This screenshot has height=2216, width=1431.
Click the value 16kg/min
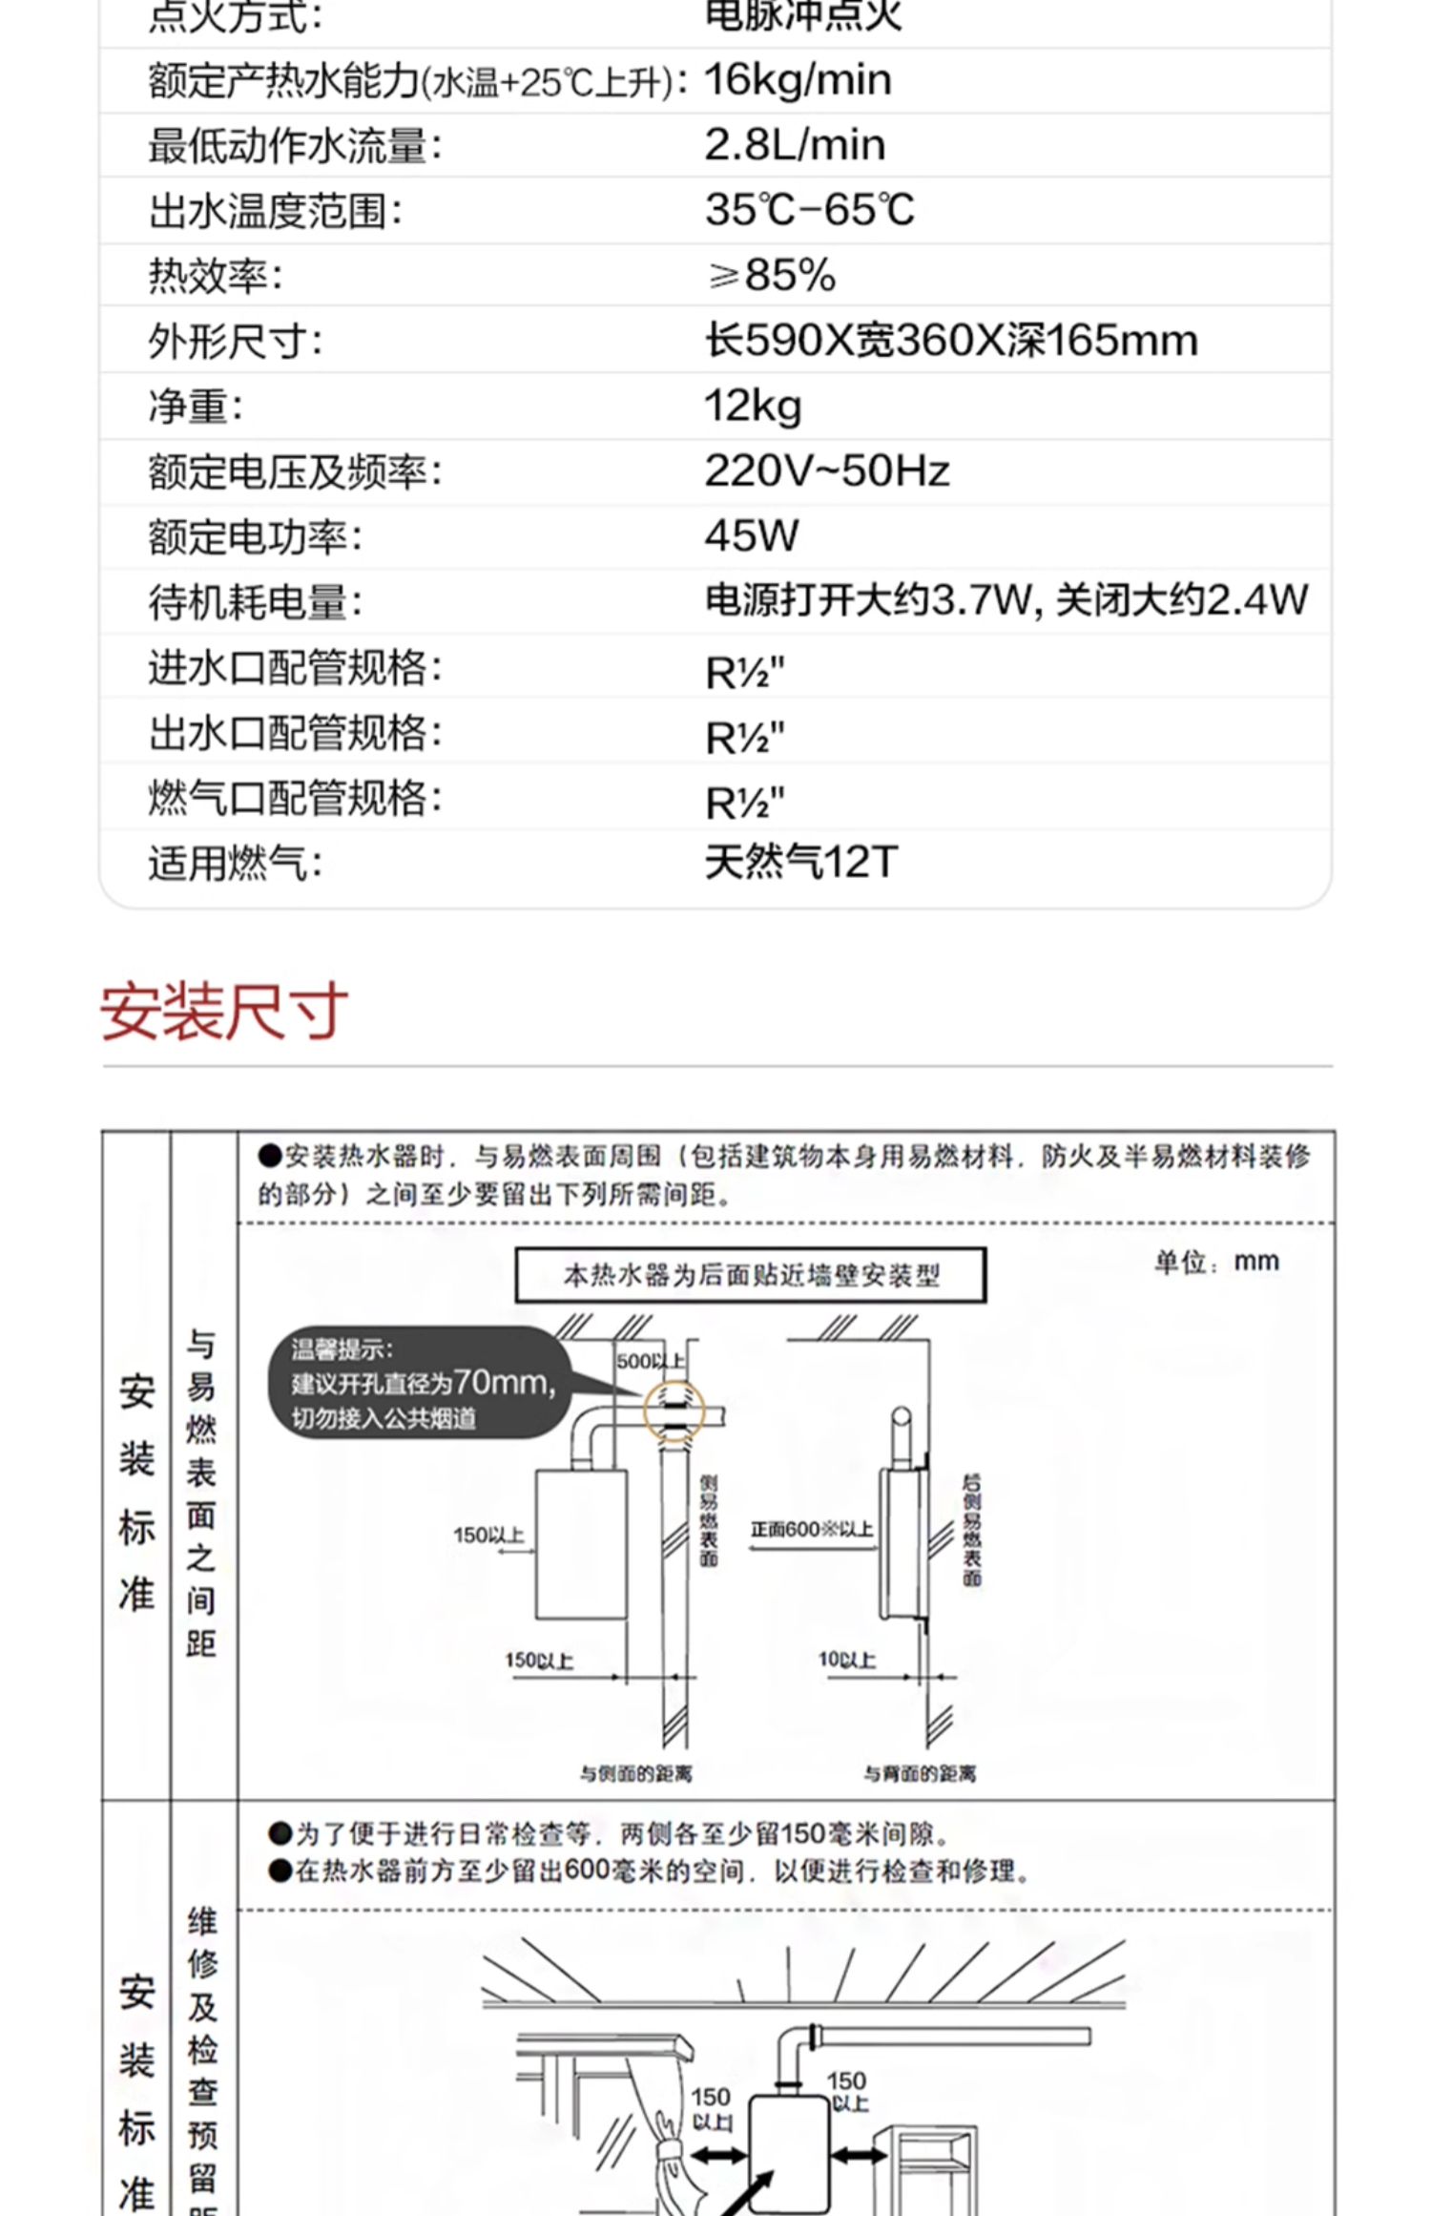(x=798, y=80)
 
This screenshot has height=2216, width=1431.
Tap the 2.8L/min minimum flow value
(x=795, y=145)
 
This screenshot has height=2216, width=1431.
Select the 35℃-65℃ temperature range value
(x=809, y=210)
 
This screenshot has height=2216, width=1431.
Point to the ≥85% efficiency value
(x=771, y=275)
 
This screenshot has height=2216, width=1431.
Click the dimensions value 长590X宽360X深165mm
(x=951, y=341)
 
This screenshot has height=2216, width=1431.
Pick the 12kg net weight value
(x=753, y=407)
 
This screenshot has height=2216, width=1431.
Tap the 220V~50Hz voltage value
(x=826, y=471)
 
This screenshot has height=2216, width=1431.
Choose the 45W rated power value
(x=752, y=536)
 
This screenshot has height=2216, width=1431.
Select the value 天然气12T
(x=801, y=863)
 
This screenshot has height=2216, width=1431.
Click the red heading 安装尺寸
(x=224, y=1012)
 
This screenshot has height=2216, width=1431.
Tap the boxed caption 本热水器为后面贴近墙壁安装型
(x=751, y=1275)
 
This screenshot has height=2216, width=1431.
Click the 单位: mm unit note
(x=1216, y=1263)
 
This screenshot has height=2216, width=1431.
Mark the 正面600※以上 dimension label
(x=811, y=1530)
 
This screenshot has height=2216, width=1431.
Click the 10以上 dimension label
(x=846, y=1660)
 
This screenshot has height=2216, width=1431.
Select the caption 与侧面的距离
(x=636, y=1773)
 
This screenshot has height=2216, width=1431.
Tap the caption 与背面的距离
(x=920, y=1773)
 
